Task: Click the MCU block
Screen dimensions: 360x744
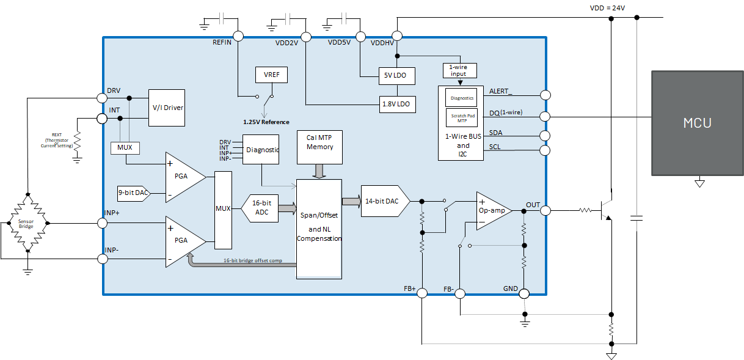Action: point(697,123)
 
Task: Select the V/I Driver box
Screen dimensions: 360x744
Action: point(167,108)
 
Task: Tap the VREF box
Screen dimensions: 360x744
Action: point(271,75)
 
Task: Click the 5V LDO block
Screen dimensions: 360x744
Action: point(396,76)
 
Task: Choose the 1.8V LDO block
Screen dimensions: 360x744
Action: point(396,104)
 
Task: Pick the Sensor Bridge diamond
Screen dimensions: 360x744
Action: point(26,224)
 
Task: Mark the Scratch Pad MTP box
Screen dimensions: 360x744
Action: point(462,116)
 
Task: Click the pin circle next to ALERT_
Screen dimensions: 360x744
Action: point(545,95)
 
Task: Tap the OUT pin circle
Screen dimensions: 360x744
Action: point(545,210)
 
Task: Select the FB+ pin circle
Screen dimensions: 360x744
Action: point(421,294)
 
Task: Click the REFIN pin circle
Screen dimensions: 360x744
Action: point(238,37)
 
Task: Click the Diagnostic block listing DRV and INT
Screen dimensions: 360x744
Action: point(261,150)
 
